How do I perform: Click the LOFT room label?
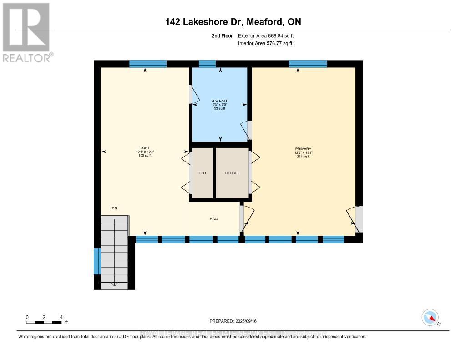[145, 148]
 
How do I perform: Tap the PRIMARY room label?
[303, 149]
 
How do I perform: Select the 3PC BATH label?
[219, 101]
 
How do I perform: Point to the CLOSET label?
[232, 173]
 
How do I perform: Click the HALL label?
[214, 219]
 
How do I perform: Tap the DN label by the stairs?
[115, 208]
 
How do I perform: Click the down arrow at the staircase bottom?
[114, 284]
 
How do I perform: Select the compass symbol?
[431, 318]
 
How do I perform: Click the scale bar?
[44, 322]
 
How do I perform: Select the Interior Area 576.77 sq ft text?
[265, 43]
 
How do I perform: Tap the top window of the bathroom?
[208, 64]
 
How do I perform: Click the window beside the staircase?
[97, 261]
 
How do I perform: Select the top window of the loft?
[145, 64]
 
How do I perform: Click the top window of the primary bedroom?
[308, 64]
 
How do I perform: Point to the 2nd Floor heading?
[223, 35]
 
